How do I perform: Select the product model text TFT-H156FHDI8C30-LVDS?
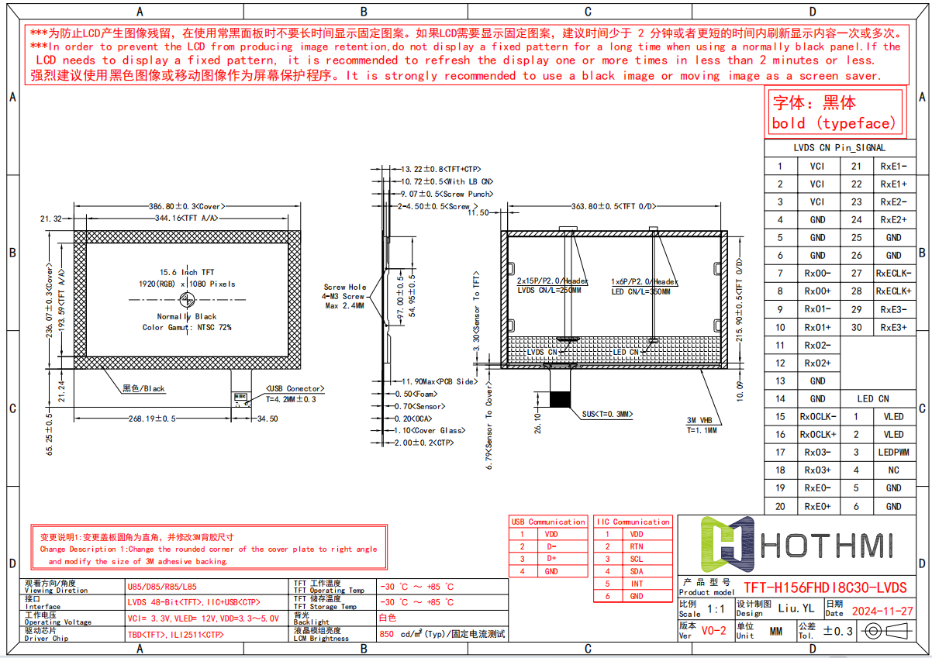825,588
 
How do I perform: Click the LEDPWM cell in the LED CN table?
893,452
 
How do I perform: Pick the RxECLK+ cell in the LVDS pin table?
893,291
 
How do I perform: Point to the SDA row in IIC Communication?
637,571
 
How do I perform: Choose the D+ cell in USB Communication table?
551,559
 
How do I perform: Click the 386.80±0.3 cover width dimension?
185,207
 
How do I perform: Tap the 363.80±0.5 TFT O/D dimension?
613,207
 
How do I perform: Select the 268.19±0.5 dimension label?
153,419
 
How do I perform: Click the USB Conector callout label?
295,388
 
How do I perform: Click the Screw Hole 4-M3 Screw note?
344,296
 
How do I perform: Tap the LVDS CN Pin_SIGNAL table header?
839,147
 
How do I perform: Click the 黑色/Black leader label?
143,388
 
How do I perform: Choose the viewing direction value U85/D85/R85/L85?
162,587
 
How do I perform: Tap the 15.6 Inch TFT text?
187,273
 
